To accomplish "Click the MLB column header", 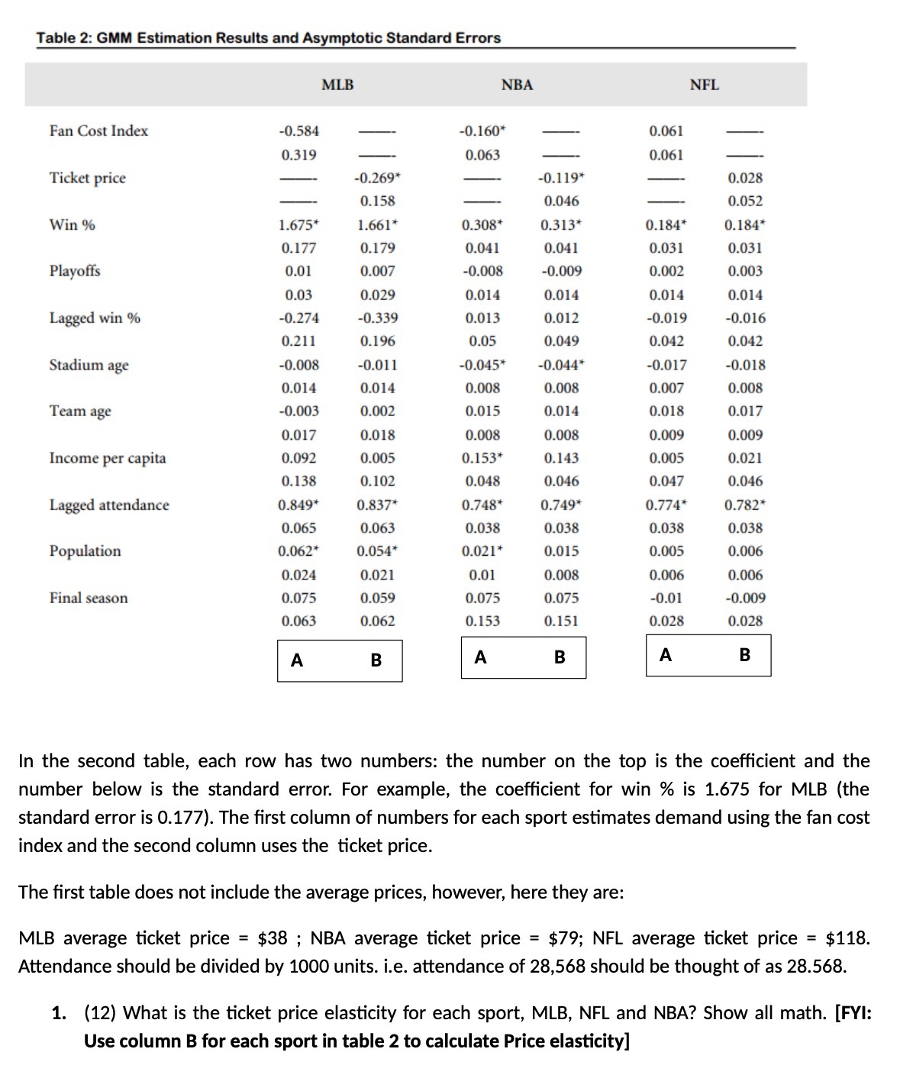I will tap(337, 85).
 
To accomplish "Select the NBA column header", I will tap(517, 85).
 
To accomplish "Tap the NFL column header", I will tap(704, 85).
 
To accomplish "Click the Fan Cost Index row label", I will tap(98, 131).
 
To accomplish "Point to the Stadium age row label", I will tap(89, 365).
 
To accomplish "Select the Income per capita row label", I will tap(107, 458).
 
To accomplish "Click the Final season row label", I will tap(89, 598).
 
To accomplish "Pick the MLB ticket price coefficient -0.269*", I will tap(377, 178).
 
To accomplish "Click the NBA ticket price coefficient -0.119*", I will tap(561, 178).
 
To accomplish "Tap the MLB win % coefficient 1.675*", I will tap(298, 224).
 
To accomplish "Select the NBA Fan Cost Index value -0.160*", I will tap(482, 131).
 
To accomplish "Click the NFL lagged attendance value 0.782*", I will tap(745, 505).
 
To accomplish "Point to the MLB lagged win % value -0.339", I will tap(377, 318).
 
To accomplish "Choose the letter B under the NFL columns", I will tap(745, 655).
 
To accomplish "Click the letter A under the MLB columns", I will tap(297, 660).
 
